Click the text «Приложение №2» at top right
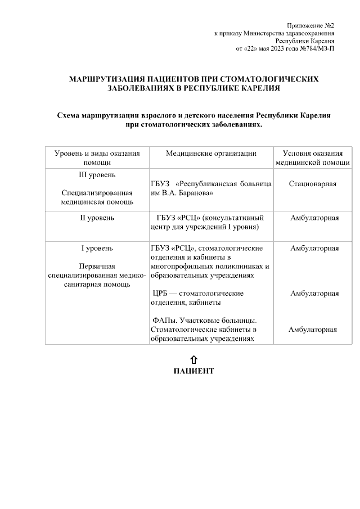[x=310, y=26]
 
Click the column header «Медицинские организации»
[x=211, y=153]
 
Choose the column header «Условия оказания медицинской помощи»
[x=313, y=157]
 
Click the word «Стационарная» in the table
[x=313, y=184]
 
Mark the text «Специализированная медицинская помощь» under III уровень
[x=96, y=197]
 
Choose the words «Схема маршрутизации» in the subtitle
[x=97, y=115]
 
